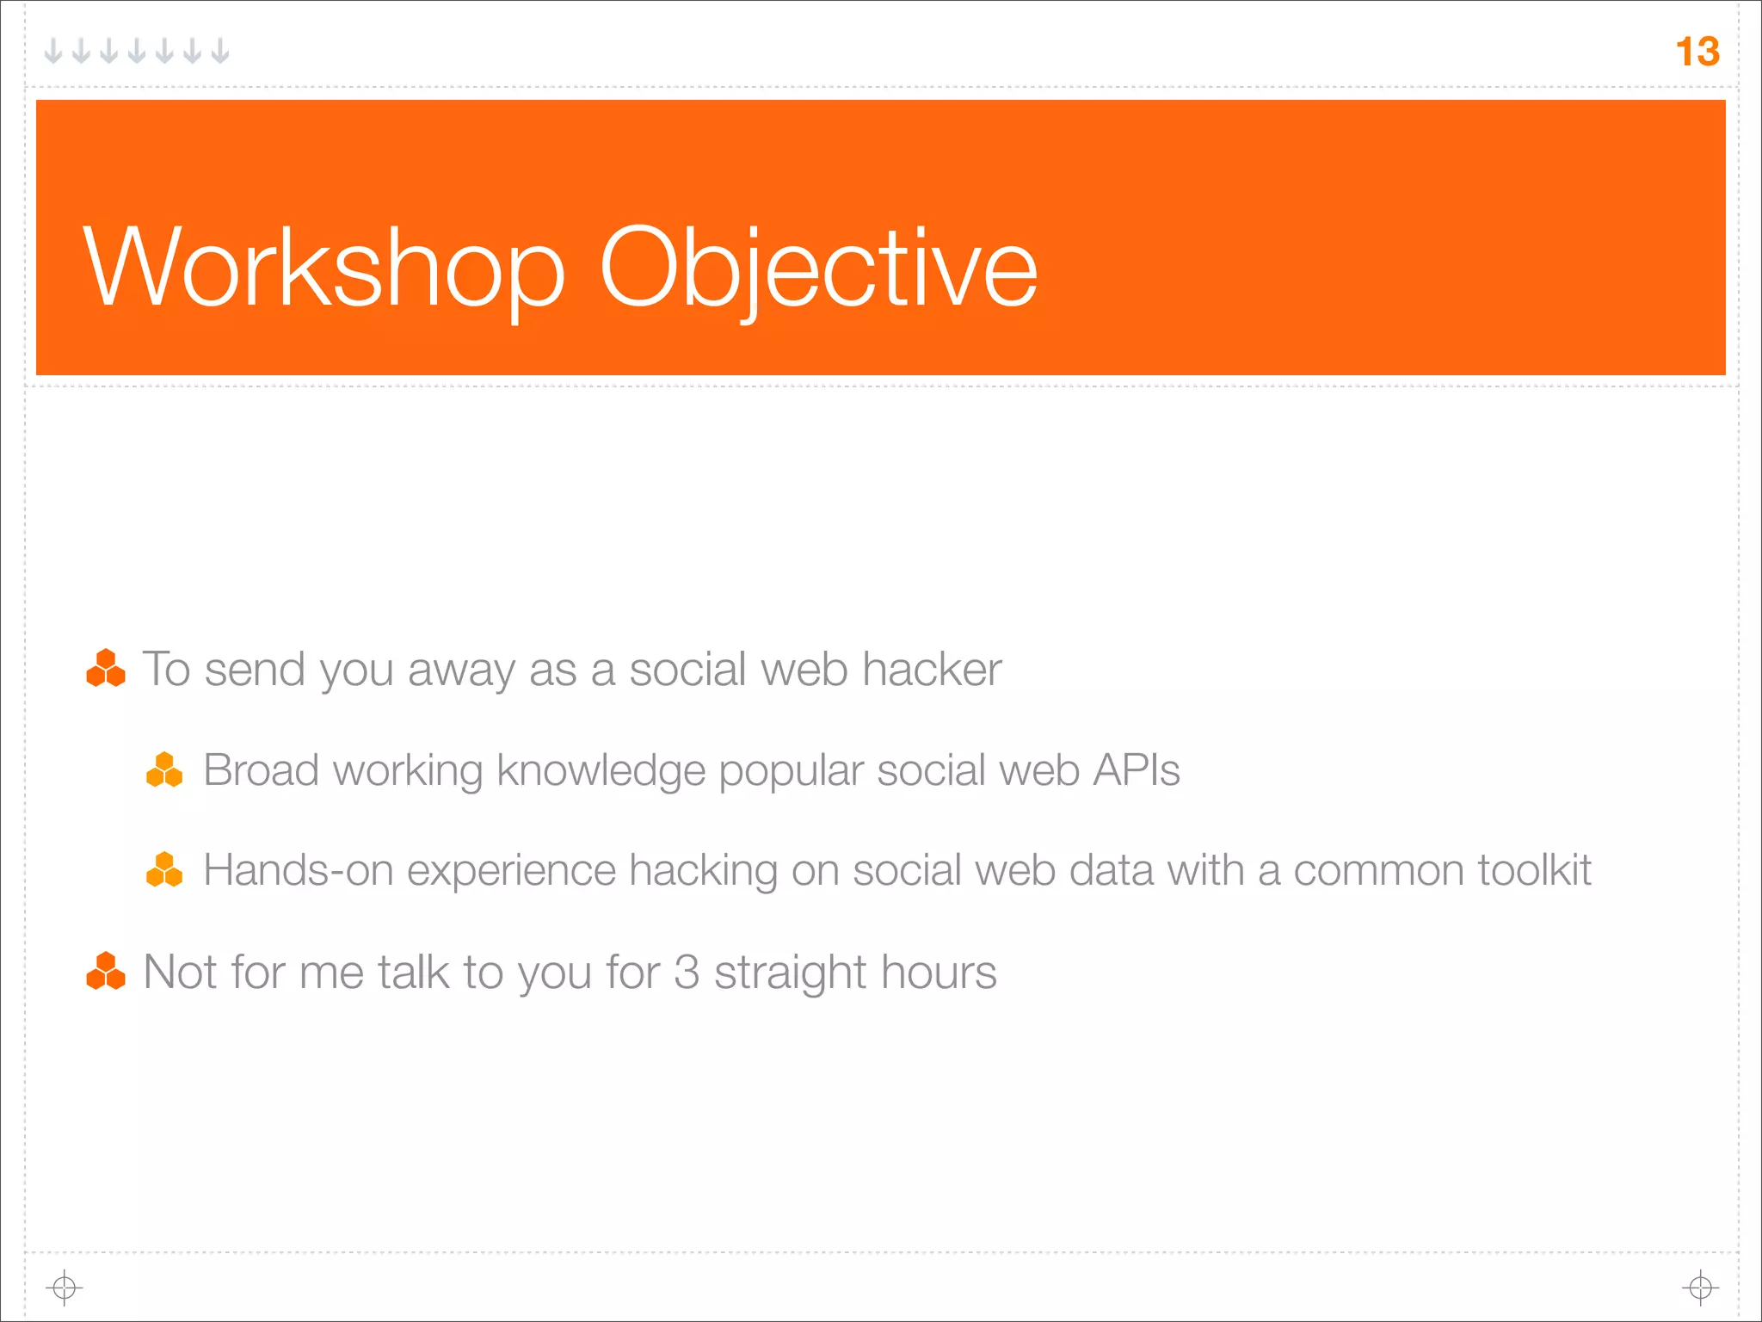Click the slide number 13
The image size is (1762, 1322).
1697,52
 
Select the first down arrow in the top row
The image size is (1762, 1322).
53,51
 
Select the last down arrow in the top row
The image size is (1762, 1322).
220,51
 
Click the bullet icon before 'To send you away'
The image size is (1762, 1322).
106,669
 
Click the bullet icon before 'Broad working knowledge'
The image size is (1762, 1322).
164,770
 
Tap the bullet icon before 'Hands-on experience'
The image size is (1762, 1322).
164,870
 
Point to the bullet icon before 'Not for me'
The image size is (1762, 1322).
106,972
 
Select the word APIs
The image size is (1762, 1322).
1136,770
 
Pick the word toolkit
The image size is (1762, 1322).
1534,870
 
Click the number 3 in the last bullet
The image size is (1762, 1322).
687,973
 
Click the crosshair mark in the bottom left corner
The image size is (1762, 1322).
65,1288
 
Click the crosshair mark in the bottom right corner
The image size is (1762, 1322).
1700,1288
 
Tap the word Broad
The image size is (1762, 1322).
261,770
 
